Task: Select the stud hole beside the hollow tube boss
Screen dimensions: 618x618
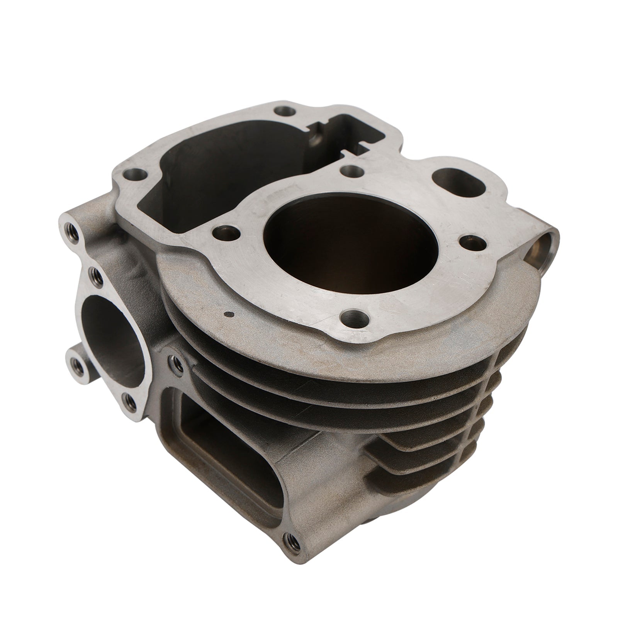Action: (472, 242)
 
